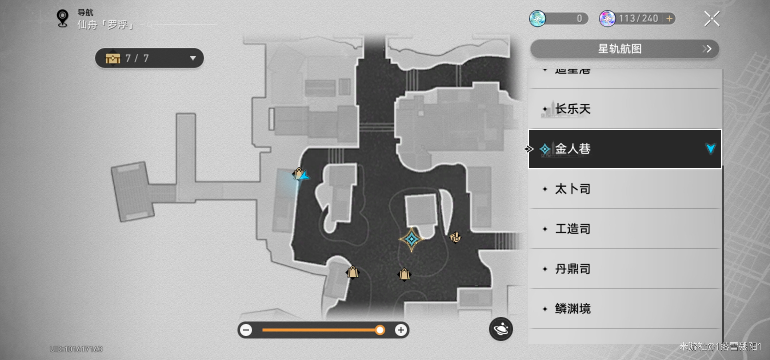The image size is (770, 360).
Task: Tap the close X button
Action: pyautogui.click(x=712, y=19)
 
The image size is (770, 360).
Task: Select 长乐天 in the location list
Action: pyautogui.click(x=573, y=109)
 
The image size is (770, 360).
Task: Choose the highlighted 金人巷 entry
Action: pyautogui.click(x=573, y=149)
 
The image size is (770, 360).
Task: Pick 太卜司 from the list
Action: pyautogui.click(x=573, y=189)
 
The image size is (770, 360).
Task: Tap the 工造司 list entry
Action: pyautogui.click(x=573, y=229)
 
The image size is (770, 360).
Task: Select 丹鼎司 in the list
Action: pyautogui.click(x=573, y=269)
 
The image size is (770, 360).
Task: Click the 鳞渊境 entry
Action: pyautogui.click(x=573, y=309)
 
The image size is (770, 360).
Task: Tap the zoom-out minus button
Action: pyautogui.click(x=246, y=330)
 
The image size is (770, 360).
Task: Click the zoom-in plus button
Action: pyautogui.click(x=401, y=330)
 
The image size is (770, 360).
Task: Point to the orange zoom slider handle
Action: pyautogui.click(x=380, y=330)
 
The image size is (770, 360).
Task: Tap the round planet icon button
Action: pyautogui.click(x=501, y=329)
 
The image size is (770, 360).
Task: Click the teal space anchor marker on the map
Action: pyautogui.click(x=412, y=239)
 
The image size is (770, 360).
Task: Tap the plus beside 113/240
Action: pyautogui.click(x=669, y=19)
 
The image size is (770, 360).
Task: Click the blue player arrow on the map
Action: pyautogui.click(x=304, y=176)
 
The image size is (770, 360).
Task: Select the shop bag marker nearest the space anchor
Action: pyautogui.click(x=404, y=274)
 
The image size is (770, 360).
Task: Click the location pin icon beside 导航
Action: pyautogui.click(x=62, y=18)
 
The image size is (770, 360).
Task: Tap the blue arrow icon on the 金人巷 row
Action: pyautogui.click(x=711, y=149)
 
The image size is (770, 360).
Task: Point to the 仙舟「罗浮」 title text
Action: pyautogui.click(x=105, y=25)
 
